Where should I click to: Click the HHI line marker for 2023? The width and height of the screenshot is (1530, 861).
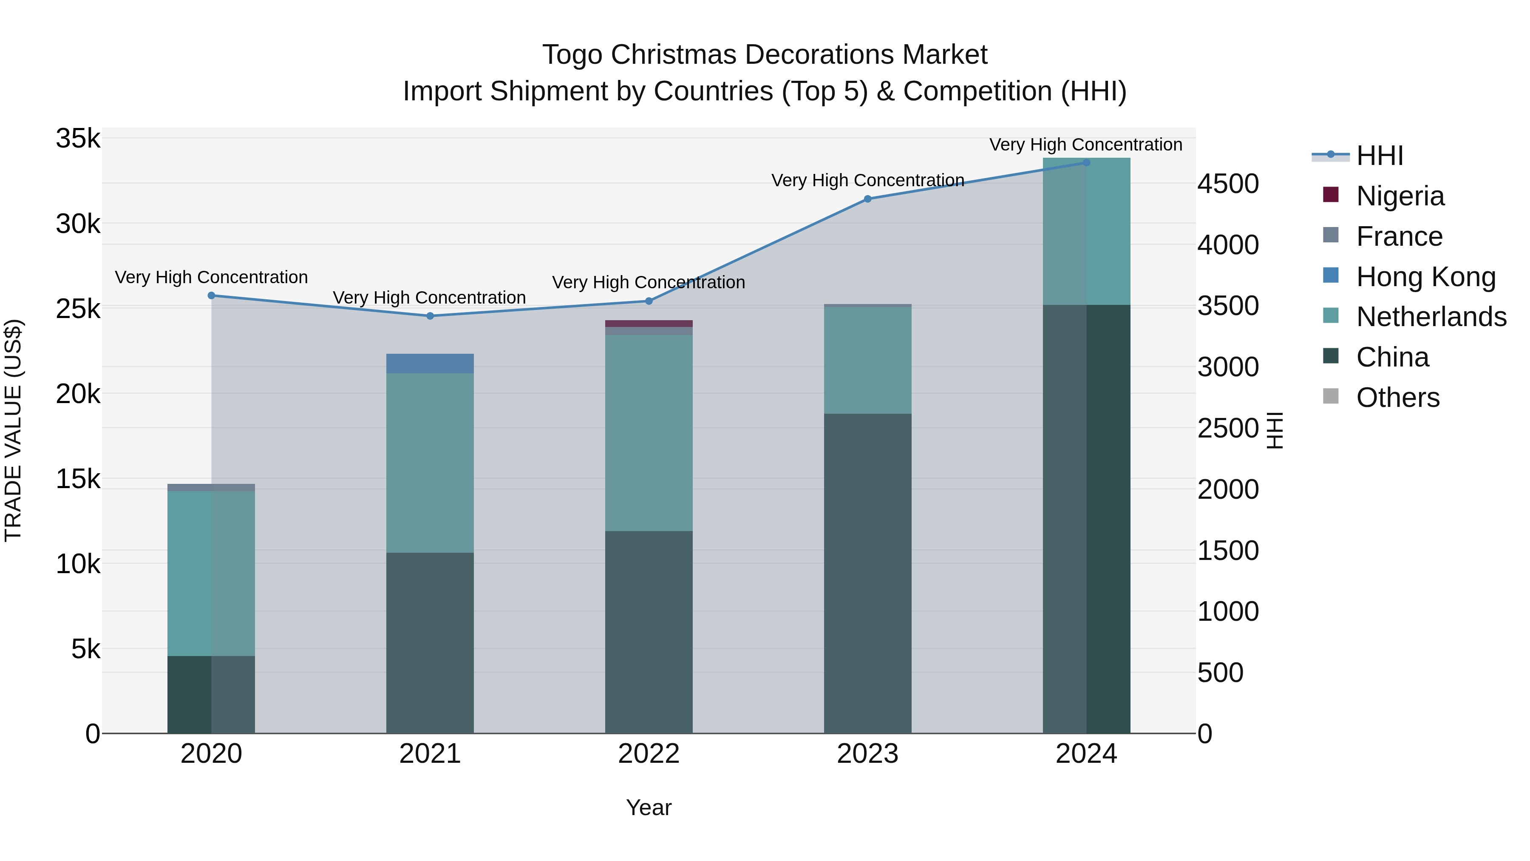click(x=867, y=199)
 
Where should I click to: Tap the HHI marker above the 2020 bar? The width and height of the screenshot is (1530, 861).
click(x=212, y=296)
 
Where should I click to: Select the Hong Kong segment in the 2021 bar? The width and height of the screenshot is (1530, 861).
click(x=430, y=364)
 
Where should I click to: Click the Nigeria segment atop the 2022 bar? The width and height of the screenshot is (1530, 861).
click(x=649, y=324)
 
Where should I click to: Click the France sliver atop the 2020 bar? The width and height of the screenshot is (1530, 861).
click(x=212, y=487)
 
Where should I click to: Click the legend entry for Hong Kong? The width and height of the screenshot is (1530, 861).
click(x=1425, y=277)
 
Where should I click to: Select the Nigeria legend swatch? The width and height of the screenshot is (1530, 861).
click(x=1331, y=195)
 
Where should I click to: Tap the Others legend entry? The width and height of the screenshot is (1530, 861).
click(x=1397, y=398)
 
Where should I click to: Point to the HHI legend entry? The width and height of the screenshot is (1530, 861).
click(x=1379, y=156)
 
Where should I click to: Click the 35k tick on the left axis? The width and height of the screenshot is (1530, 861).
click(x=78, y=139)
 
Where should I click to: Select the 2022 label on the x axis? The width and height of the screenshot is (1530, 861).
click(x=649, y=754)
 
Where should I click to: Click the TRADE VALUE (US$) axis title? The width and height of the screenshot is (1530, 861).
click(x=13, y=430)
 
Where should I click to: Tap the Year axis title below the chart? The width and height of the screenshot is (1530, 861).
click(x=649, y=808)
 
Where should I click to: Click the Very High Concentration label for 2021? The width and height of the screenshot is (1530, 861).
click(x=429, y=298)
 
